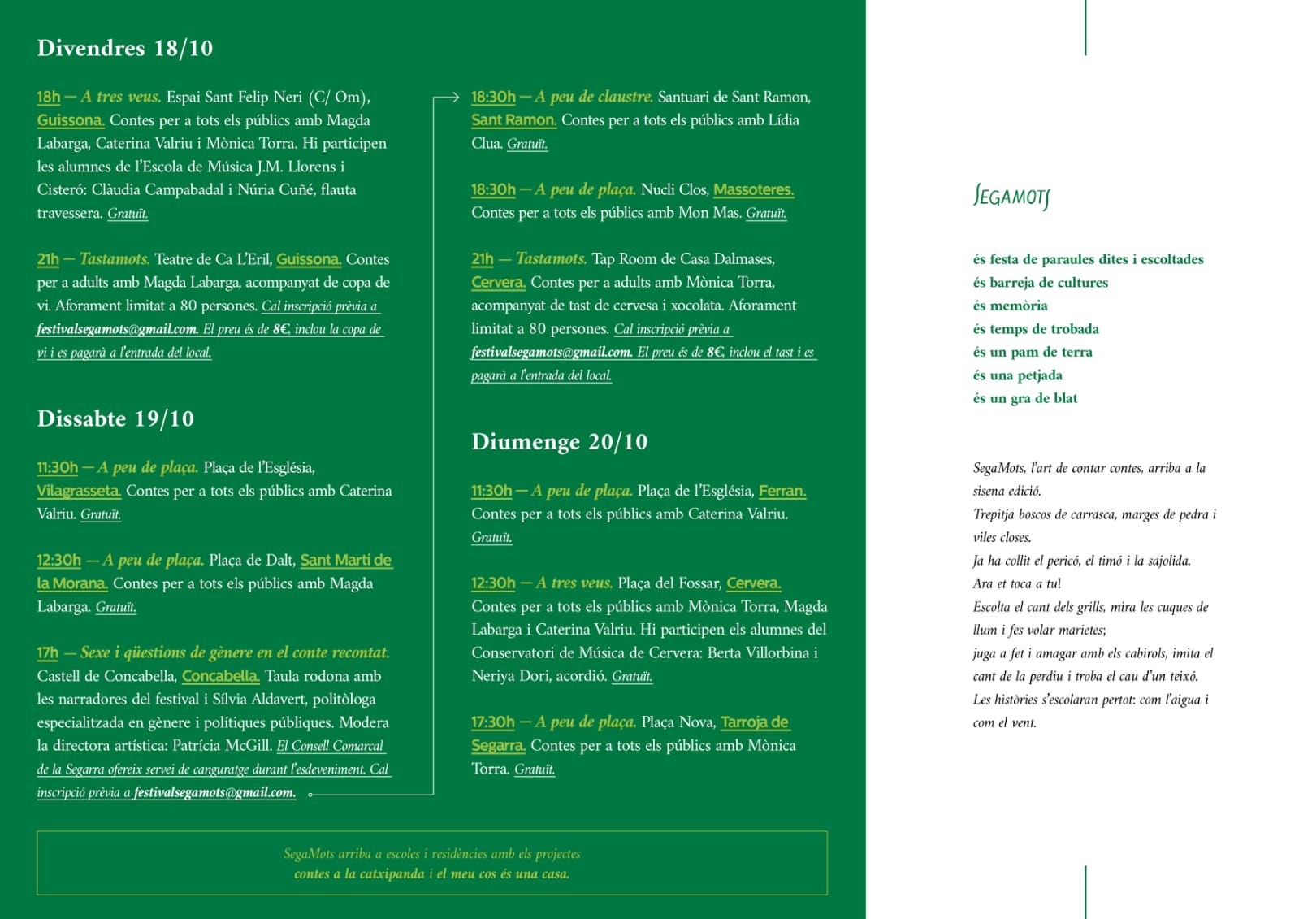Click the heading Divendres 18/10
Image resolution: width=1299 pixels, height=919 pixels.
pyautogui.click(x=125, y=48)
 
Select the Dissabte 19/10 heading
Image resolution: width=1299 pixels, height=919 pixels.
pyautogui.click(x=115, y=418)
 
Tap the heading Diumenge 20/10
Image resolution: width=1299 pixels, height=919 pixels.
pyautogui.click(x=559, y=442)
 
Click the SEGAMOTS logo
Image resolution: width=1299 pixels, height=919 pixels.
pyautogui.click(x=1011, y=197)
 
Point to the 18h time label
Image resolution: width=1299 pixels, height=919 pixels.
pyautogui.click(x=49, y=97)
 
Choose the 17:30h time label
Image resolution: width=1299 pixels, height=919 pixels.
pyautogui.click(x=493, y=722)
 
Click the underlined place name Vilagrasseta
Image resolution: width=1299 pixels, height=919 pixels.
pyautogui.click(x=79, y=491)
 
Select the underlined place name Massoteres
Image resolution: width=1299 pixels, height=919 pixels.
pyautogui.click(x=753, y=189)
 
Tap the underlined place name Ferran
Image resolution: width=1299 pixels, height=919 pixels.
pyautogui.click(x=782, y=491)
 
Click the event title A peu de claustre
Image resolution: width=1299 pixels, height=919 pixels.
pyautogui.click(x=594, y=97)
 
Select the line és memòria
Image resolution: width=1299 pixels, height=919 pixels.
pyautogui.click(x=1010, y=306)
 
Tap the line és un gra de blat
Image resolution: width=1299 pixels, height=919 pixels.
pyautogui.click(x=1025, y=398)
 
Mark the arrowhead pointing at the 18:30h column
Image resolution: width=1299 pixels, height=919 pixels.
pyautogui.click(x=456, y=98)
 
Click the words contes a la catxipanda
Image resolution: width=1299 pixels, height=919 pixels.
pyautogui.click(x=359, y=874)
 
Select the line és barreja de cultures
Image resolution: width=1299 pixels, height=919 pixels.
pyautogui.click(x=1040, y=283)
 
